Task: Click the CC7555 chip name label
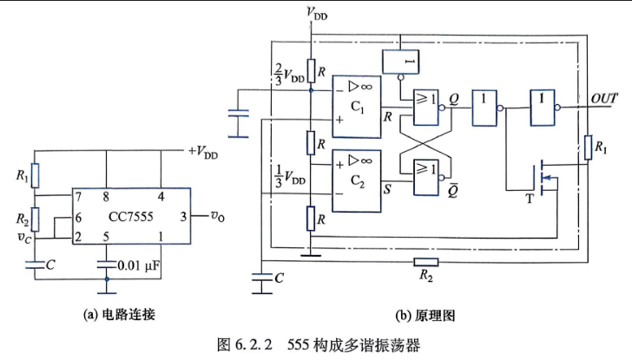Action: click(130, 217)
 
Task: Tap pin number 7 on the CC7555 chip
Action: click(79, 197)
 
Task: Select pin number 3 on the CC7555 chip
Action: click(183, 217)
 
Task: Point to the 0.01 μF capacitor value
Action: click(139, 265)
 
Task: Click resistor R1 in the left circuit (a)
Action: click(36, 175)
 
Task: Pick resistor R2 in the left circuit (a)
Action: click(36, 219)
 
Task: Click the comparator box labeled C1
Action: click(356, 107)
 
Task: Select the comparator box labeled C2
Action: click(356, 180)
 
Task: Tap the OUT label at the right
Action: click(604, 99)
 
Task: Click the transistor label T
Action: click(530, 198)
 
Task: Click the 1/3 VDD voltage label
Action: click(289, 176)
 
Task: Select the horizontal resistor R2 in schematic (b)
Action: click(426, 262)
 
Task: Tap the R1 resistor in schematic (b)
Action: click(588, 147)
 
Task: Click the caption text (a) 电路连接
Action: click(119, 314)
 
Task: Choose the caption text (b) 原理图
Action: click(425, 315)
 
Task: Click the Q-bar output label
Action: click(452, 190)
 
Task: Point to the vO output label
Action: click(218, 216)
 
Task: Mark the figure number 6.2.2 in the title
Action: click(253, 344)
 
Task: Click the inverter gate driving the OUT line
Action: click(543, 108)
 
